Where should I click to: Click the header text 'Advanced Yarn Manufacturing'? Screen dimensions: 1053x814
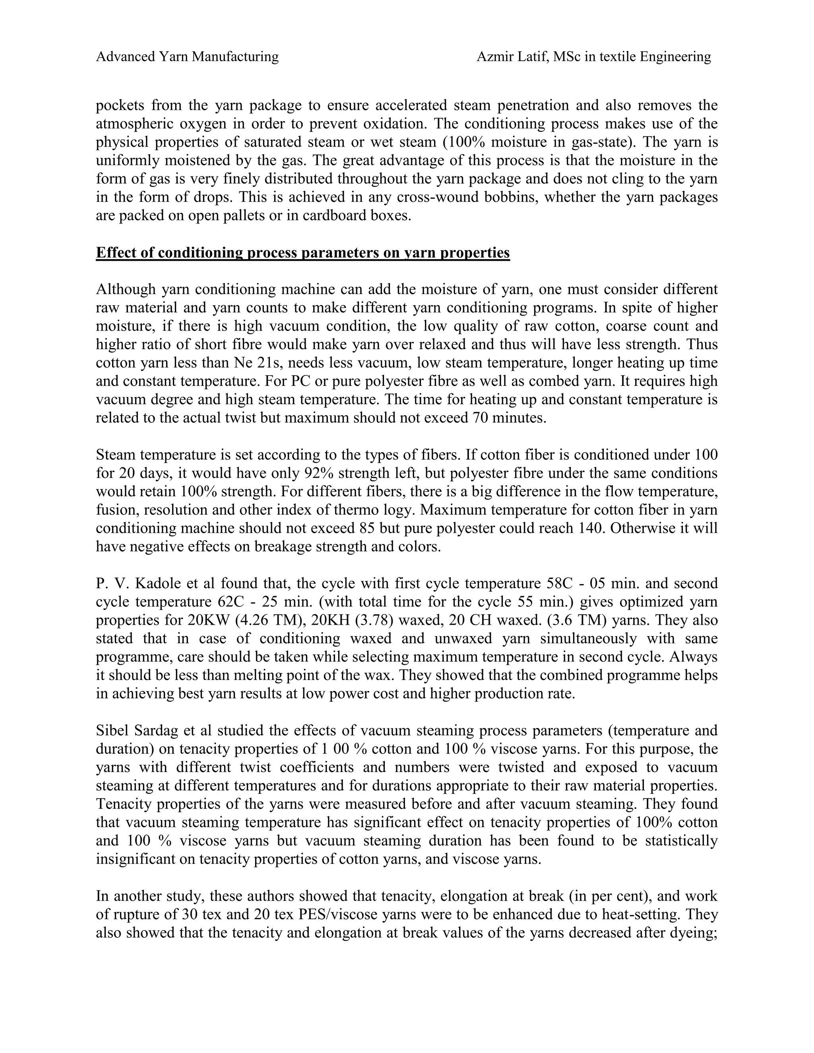coord(187,57)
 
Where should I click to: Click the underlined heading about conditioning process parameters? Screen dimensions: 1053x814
coord(302,253)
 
